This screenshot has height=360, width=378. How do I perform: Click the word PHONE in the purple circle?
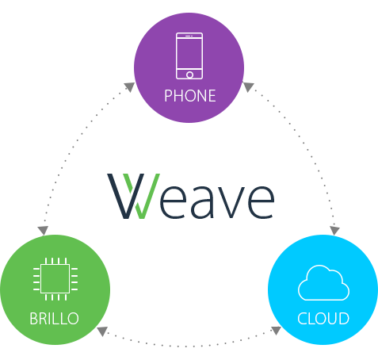click(x=190, y=96)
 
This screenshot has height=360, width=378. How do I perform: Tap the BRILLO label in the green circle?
click(x=54, y=319)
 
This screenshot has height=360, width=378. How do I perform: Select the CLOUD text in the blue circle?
click(x=323, y=319)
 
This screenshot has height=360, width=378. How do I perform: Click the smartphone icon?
click(x=189, y=56)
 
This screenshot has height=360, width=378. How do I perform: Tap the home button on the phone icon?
click(x=189, y=75)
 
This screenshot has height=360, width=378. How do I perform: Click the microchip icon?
click(x=55, y=278)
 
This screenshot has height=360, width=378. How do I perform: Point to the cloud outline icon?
click(x=324, y=282)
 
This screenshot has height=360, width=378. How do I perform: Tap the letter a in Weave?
click(x=201, y=202)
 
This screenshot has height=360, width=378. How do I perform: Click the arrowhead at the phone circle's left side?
click(x=129, y=87)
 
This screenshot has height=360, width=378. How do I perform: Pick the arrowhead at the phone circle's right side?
click(x=248, y=87)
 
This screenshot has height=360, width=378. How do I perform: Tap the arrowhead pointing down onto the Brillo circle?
click(x=43, y=231)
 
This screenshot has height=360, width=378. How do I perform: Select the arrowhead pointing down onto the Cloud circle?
click(x=334, y=231)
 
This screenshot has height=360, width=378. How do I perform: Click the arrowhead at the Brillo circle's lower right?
click(x=102, y=331)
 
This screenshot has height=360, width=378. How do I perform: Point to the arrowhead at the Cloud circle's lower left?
click(x=276, y=331)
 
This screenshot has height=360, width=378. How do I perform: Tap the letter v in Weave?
click(x=229, y=202)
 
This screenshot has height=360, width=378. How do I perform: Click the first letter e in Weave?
click(x=174, y=202)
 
